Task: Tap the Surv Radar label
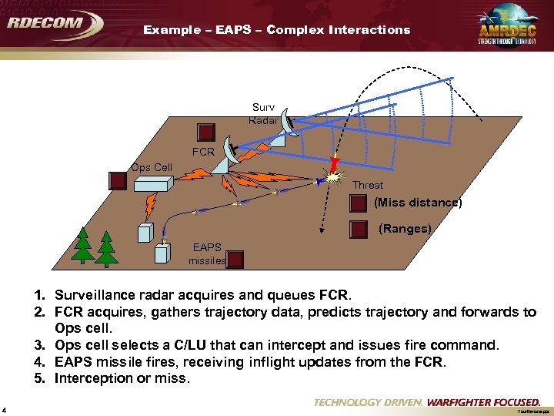(x=262, y=113)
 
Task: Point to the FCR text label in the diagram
(x=203, y=152)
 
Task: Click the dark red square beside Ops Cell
(x=117, y=181)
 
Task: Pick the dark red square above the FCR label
(x=207, y=132)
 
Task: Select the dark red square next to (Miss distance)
(x=358, y=203)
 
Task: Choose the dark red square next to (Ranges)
(x=358, y=229)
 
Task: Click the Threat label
(x=367, y=185)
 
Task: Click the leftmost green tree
(x=83, y=245)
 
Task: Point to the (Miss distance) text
(x=418, y=203)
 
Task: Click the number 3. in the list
(x=38, y=345)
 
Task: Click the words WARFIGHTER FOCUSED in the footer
(x=483, y=402)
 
